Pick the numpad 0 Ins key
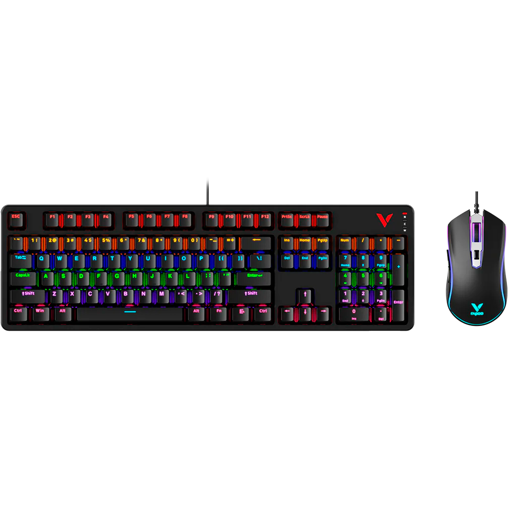click(354, 313)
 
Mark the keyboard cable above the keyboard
click(207, 191)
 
